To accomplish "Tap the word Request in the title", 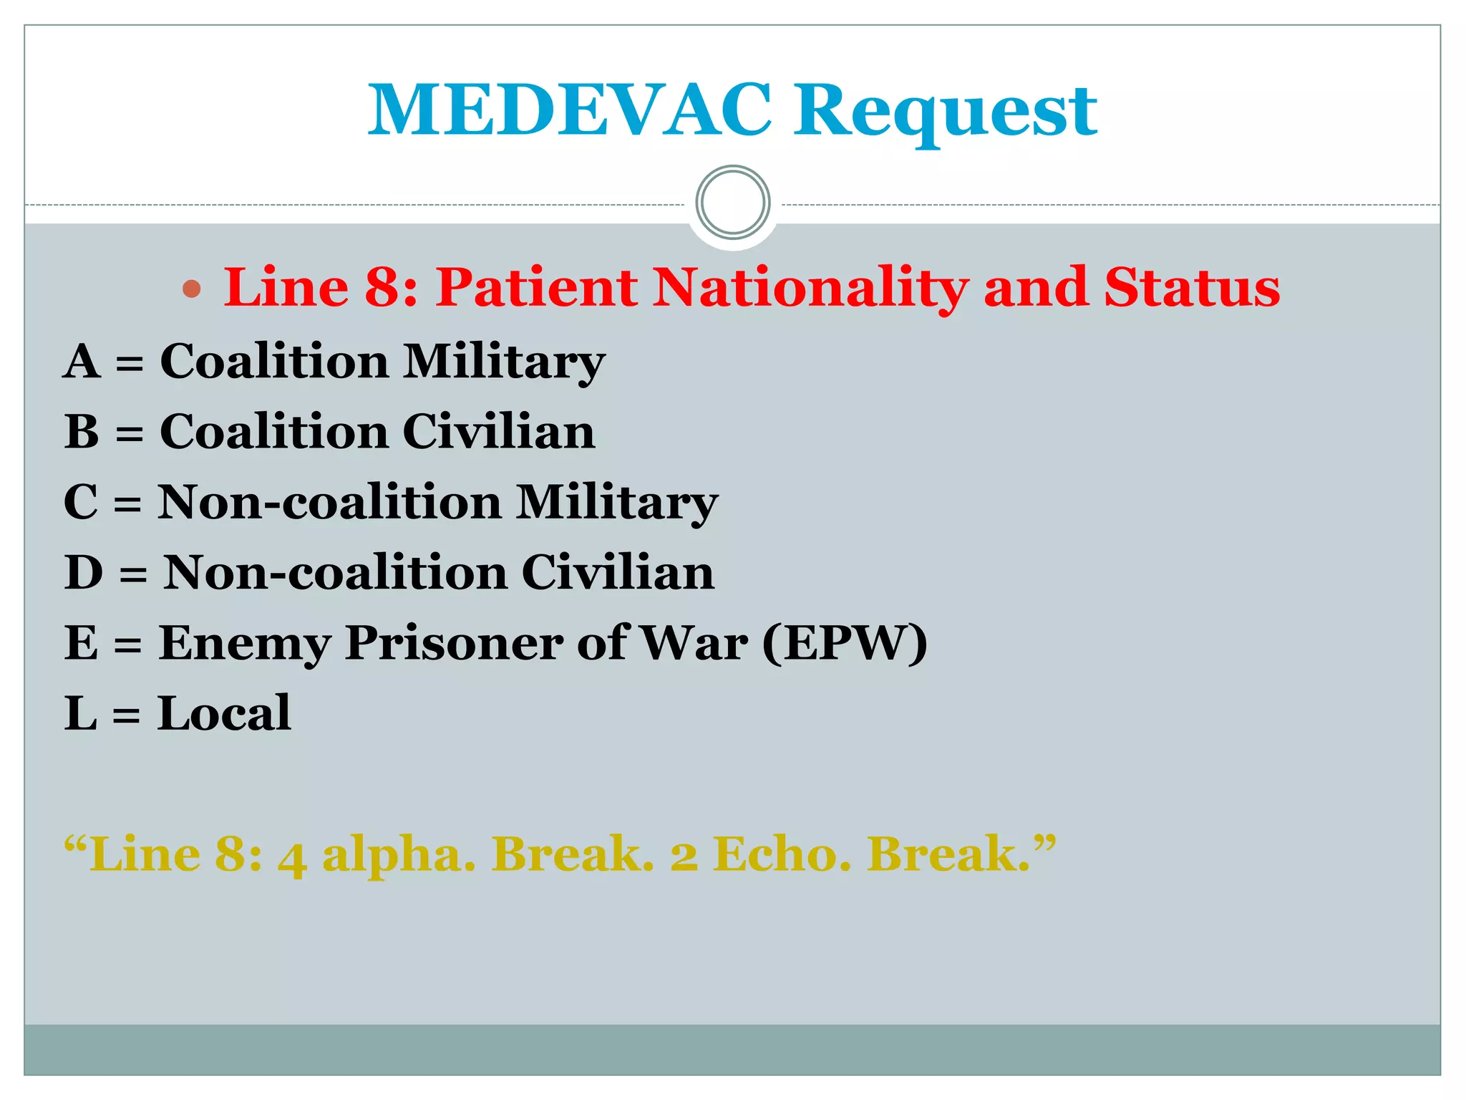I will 946,111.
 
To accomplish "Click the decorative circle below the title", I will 733,203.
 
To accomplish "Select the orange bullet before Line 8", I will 191,289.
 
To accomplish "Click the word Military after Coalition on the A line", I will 504,362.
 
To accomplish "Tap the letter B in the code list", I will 82,431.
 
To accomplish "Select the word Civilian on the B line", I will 498,431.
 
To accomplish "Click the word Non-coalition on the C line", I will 329,501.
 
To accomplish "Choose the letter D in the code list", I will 84,572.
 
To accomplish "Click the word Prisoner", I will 454,642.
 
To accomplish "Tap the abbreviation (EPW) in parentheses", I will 845,642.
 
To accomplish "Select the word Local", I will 224,713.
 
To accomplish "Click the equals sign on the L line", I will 126,715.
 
